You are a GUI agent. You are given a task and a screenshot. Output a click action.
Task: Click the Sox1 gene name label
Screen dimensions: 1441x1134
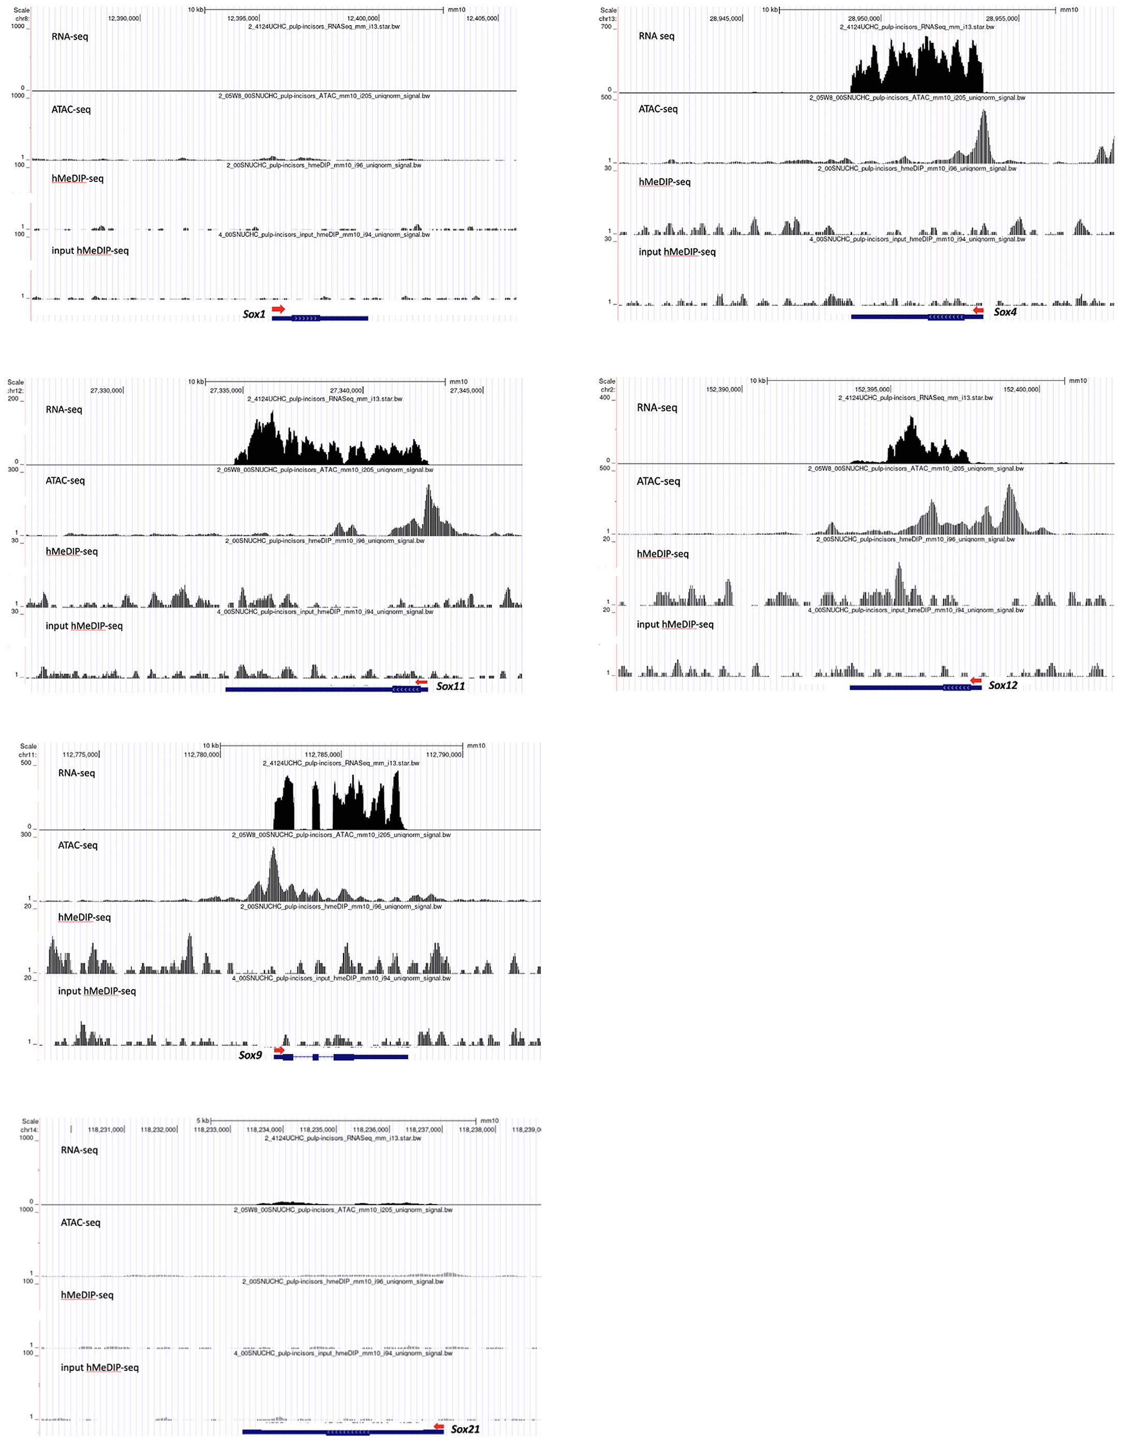(254, 314)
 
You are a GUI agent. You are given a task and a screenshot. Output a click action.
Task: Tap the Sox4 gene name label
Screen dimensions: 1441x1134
(1005, 312)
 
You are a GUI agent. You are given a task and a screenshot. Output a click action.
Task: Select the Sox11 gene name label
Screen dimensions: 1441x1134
(450, 686)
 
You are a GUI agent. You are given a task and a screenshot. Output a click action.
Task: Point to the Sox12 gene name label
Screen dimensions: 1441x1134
(1003, 686)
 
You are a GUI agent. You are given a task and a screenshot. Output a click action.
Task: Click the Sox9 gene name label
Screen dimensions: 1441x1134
(251, 1055)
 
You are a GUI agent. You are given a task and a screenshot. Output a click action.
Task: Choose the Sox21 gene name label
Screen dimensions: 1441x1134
(465, 1429)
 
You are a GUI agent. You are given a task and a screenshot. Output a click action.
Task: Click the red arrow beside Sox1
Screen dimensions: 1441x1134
(278, 309)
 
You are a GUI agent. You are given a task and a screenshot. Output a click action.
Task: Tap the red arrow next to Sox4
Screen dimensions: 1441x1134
(977, 310)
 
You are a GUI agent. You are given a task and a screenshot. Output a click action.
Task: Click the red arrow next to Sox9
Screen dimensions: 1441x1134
(279, 1050)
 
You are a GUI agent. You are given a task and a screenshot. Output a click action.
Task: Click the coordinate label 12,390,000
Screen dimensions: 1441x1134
(124, 19)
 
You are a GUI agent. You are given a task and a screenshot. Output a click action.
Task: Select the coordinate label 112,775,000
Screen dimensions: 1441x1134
(80, 754)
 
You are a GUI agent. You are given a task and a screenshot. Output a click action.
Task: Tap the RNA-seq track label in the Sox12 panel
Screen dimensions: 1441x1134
(657, 407)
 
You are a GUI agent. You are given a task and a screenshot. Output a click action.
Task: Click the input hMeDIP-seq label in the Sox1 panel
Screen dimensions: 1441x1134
(90, 250)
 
